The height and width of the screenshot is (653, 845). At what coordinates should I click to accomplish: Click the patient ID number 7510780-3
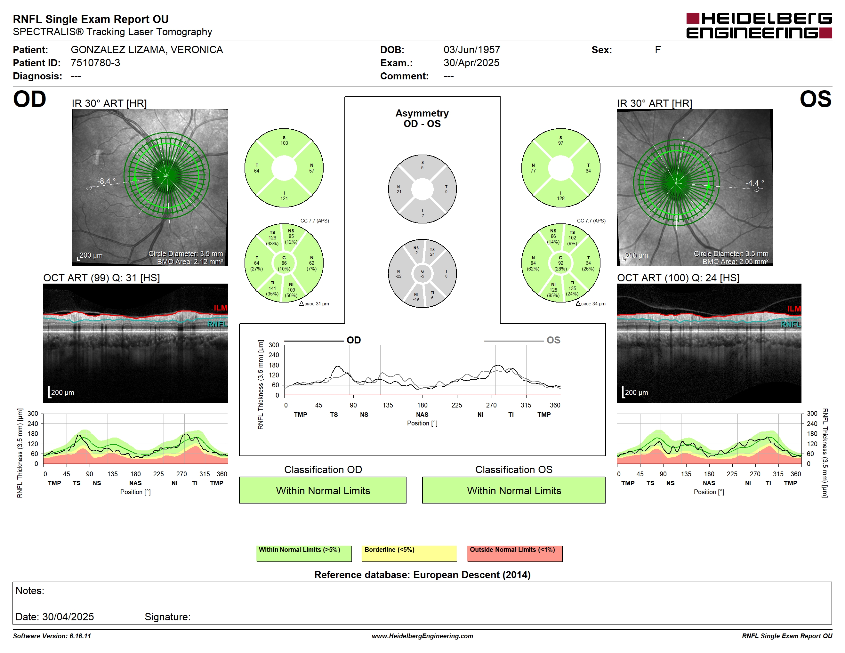[95, 63]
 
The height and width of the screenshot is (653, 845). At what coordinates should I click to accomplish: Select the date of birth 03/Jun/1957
[472, 50]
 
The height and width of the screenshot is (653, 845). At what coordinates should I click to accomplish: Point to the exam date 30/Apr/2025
[471, 63]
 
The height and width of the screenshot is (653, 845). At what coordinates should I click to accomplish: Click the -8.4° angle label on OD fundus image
[106, 181]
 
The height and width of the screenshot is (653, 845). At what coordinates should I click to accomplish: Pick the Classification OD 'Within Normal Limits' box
[323, 490]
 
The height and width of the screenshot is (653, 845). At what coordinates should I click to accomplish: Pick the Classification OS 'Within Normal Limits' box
[514, 490]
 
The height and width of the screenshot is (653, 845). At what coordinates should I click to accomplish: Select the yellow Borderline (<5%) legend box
[409, 553]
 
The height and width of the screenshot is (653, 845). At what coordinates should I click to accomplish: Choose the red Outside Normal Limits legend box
[515, 553]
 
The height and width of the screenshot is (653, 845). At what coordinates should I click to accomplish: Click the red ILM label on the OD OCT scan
[221, 308]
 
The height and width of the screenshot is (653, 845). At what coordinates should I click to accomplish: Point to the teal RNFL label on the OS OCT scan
[791, 324]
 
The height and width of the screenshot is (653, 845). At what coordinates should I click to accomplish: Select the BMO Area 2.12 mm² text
[190, 262]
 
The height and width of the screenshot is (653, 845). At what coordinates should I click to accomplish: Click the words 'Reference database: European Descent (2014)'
[422, 575]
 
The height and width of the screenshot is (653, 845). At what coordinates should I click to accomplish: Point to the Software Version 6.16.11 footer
[52, 636]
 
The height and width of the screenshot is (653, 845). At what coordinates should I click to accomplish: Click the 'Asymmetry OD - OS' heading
[422, 118]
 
